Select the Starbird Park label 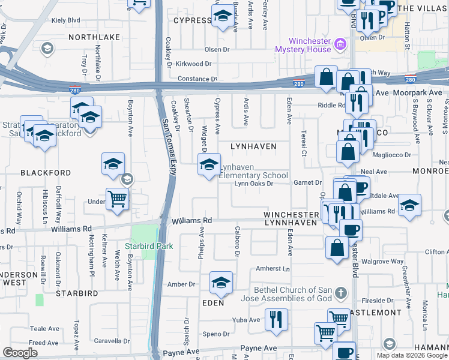(149, 246)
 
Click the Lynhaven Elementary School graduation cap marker (209, 165)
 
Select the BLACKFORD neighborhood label (46, 172)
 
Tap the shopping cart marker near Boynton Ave (117, 199)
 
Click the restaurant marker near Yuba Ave (276, 318)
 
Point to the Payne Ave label (259, 348)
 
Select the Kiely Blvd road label (66, 20)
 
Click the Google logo (20, 352)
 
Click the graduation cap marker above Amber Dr (221, 283)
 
